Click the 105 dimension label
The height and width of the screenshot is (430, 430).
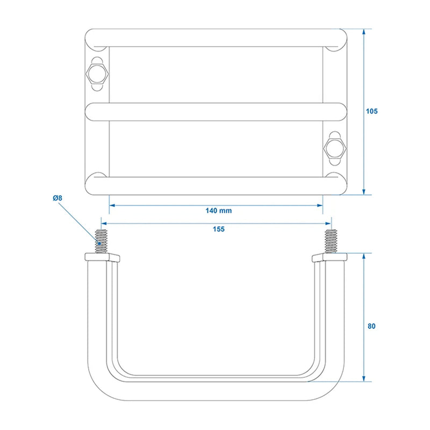(371, 111)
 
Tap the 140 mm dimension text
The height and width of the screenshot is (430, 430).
(219, 211)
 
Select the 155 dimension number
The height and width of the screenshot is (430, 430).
(219, 229)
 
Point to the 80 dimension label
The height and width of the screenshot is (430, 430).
(371, 326)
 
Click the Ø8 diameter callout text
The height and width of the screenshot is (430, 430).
(58, 198)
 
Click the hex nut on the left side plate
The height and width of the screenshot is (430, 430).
(97, 74)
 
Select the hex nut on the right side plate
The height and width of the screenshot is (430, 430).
(335, 148)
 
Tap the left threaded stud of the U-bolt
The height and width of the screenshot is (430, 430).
(101, 241)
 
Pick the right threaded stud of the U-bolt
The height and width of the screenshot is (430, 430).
(331, 241)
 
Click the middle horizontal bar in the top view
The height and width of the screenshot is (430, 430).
(216, 112)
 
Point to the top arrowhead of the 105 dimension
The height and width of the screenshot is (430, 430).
(364, 32)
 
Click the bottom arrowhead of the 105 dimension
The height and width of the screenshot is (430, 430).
(364, 192)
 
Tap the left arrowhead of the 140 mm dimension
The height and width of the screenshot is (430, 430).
(112, 205)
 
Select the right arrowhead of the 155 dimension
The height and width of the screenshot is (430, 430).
(328, 224)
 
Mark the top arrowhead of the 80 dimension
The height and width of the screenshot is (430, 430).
(364, 256)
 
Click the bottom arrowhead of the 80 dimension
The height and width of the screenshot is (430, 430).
(364, 378)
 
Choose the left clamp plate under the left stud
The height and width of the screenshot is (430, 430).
(102, 257)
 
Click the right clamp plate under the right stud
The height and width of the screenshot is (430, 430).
(329, 257)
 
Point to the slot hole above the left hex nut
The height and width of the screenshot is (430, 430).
(97, 61)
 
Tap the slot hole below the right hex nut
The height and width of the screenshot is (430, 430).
(335, 162)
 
